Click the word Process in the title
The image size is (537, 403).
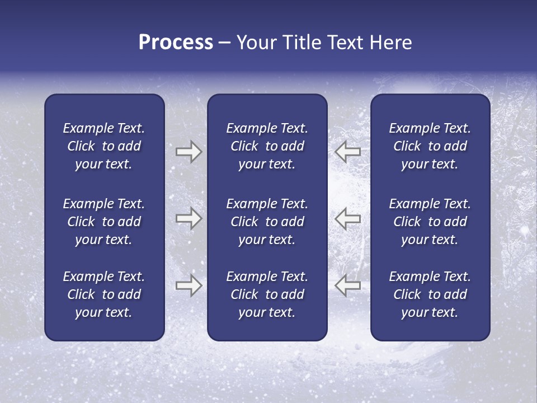(176, 43)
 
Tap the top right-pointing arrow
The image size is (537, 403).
(189, 152)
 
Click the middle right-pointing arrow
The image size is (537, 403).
(189, 218)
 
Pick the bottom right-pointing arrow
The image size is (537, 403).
(189, 285)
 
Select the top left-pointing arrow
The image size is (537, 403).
(347, 152)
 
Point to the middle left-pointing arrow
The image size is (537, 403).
(347, 218)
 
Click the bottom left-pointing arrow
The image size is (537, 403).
(347, 285)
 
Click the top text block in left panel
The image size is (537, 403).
(104, 146)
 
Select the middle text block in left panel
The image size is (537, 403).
(104, 222)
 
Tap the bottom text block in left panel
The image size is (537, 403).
(104, 294)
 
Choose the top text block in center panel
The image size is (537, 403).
(267, 146)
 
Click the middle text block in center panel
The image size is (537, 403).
(267, 222)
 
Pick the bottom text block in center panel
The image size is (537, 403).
(267, 294)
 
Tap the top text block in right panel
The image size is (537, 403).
(430, 146)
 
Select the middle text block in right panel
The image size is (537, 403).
(430, 222)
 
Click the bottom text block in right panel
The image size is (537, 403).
(430, 294)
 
